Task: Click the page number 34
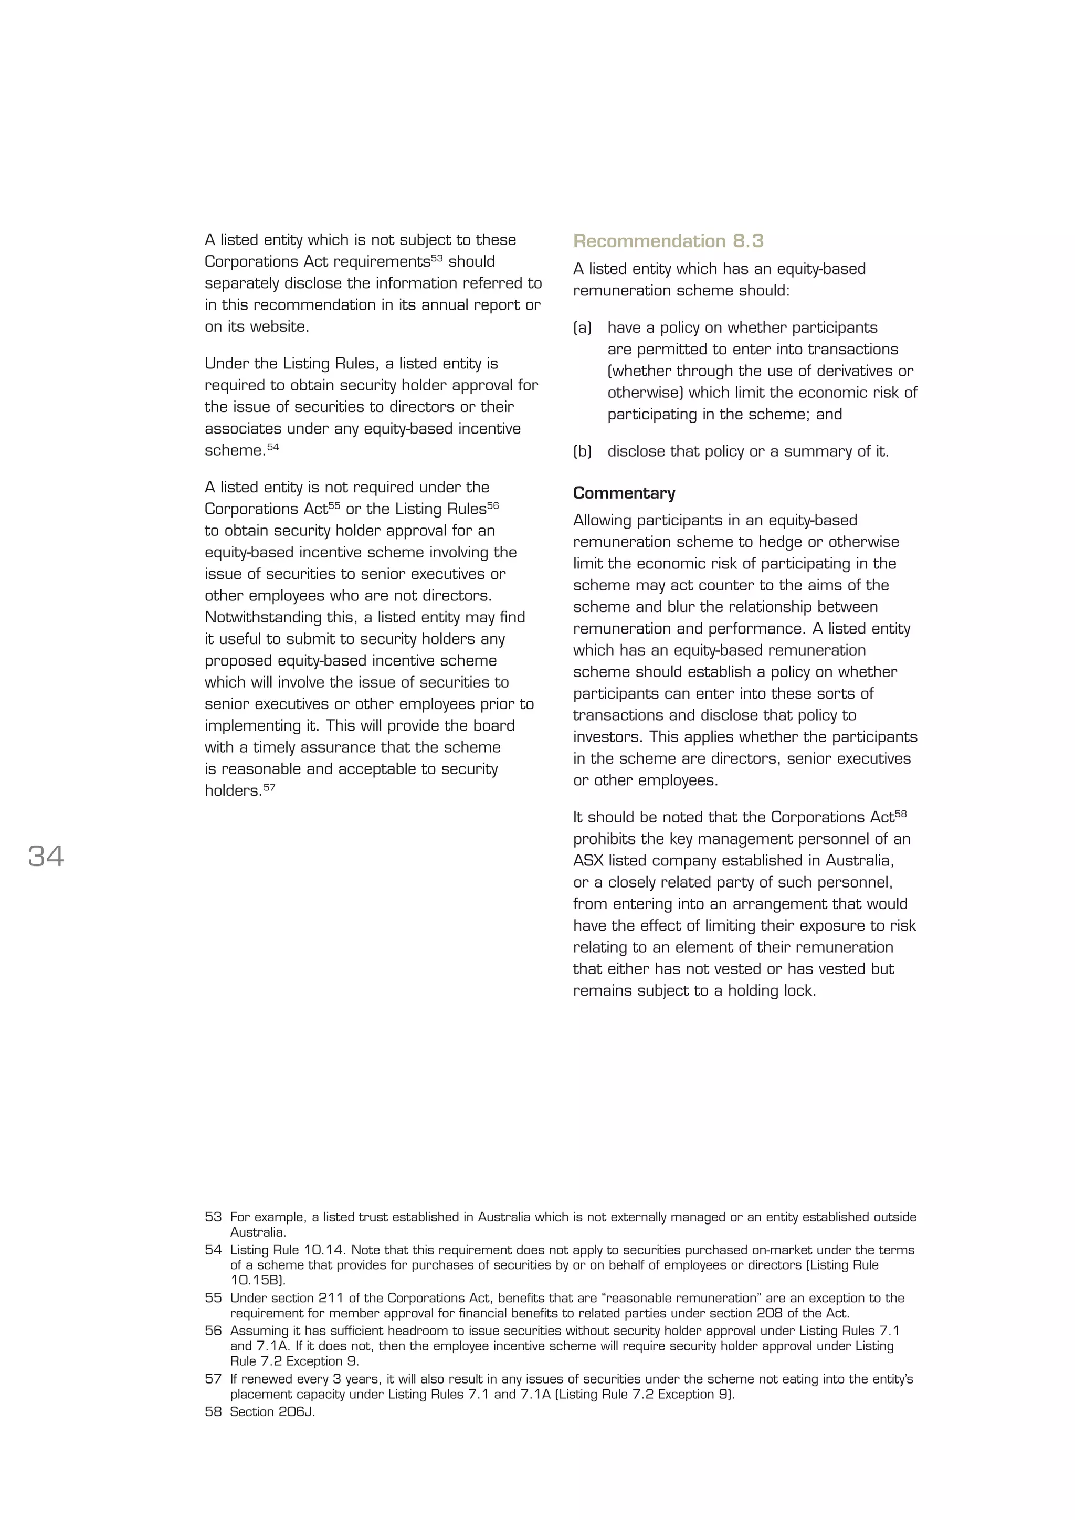point(46,856)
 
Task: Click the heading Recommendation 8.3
point(668,241)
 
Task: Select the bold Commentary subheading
point(624,493)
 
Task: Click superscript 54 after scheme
point(273,447)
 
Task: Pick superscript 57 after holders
point(269,787)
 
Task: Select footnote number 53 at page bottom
point(213,1217)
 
